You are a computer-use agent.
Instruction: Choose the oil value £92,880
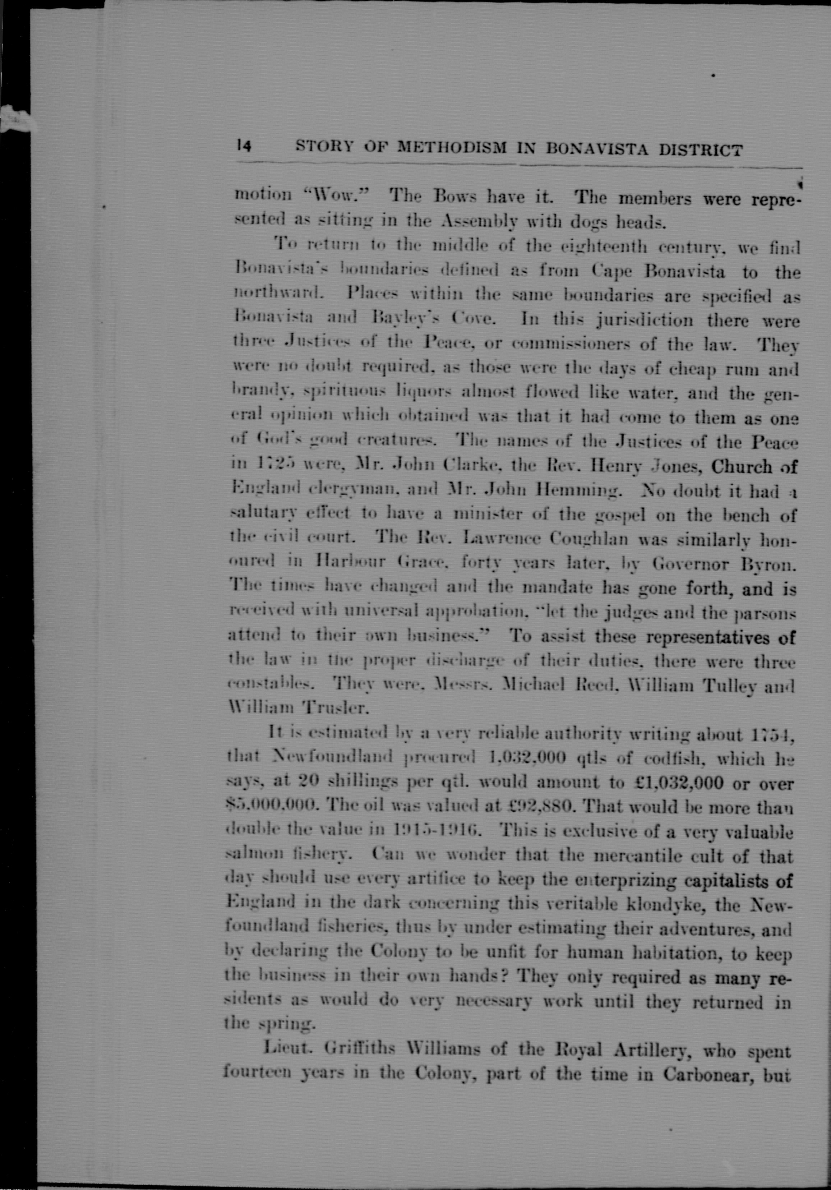coord(537,807)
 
